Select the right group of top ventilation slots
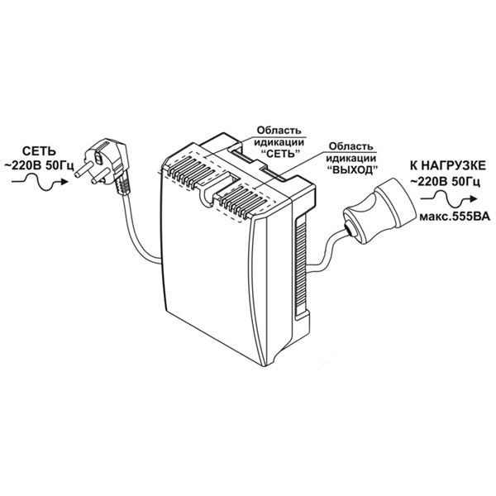pos(243,199)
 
